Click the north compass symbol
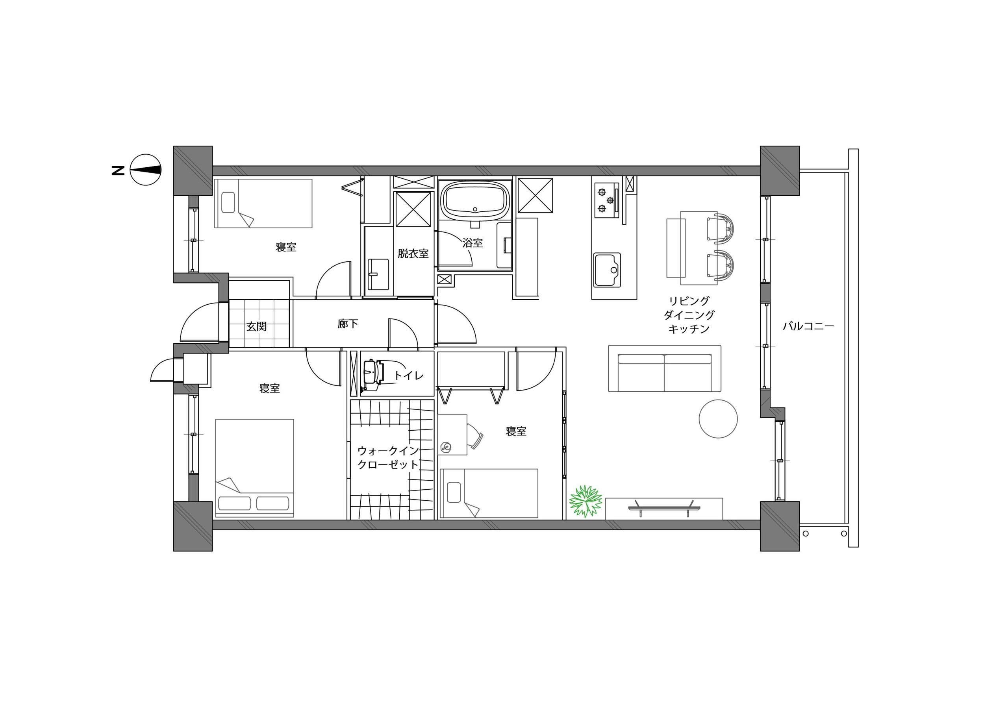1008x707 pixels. (146, 170)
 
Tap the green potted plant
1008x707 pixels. (585, 501)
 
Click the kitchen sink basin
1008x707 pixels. (608, 270)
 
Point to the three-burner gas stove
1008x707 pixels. (607, 200)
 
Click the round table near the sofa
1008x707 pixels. (718, 419)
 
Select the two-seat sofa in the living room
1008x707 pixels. (665, 368)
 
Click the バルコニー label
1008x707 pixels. (808, 326)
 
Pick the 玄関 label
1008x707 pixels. (256, 326)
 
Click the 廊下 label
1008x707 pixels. (348, 324)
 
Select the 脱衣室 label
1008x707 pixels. (413, 254)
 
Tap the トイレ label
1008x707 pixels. (409, 375)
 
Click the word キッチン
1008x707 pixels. (689, 328)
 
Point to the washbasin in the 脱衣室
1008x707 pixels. (378, 274)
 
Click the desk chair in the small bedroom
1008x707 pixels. (474, 436)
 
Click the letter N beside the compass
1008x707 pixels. (118, 170)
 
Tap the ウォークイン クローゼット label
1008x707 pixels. (388, 458)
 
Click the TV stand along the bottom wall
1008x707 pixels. (664, 509)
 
